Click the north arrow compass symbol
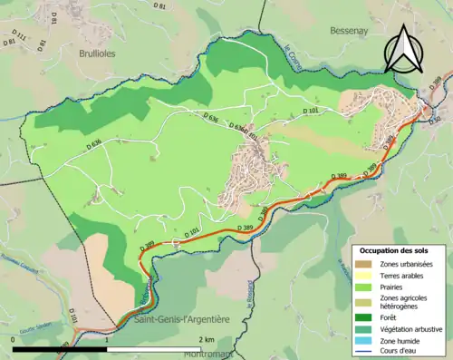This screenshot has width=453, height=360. click(404, 47)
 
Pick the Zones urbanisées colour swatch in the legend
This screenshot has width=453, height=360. click(362, 264)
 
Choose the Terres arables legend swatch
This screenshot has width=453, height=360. click(362, 276)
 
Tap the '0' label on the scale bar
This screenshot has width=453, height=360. click(12, 339)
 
